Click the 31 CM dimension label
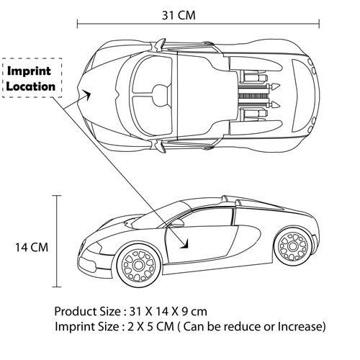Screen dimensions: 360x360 179,15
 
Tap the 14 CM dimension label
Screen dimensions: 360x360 32,247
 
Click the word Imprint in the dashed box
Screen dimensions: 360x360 29,71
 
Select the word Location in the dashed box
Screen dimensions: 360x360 31,86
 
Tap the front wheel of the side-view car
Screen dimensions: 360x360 138,265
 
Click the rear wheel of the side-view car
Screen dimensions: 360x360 293,246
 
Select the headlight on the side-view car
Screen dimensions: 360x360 94,248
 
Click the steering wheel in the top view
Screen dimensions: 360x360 160,94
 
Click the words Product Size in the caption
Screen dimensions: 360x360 88,312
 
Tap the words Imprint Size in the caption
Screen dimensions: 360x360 87,327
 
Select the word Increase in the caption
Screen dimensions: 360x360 302,326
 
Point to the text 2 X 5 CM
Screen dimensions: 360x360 150,326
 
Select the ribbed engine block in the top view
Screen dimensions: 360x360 253,96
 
